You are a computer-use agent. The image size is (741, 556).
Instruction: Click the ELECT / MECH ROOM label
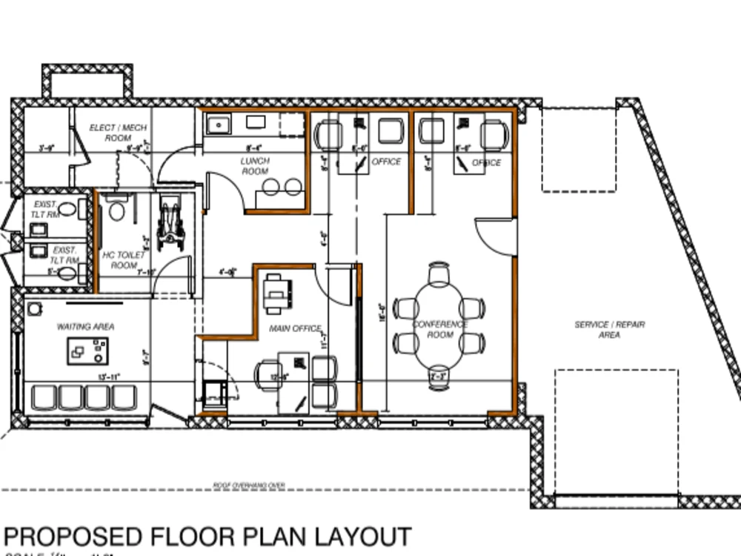tap(118, 133)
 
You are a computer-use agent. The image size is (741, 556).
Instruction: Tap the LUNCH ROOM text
tap(255, 166)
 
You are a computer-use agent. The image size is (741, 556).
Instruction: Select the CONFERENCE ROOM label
tap(440, 329)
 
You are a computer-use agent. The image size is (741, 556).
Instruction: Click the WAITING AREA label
tap(86, 326)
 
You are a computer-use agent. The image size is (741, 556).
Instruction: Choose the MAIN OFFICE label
tap(295, 328)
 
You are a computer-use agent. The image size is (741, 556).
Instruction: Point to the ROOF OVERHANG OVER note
tap(249, 486)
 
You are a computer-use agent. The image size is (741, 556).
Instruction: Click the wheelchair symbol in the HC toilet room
tap(171, 221)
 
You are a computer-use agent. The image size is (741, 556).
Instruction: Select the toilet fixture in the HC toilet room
tap(116, 210)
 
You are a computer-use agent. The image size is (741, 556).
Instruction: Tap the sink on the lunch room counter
tap(218, 125)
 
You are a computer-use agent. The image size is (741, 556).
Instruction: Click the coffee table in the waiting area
tap(87, 351)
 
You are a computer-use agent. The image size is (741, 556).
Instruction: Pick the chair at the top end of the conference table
tap(439, 273)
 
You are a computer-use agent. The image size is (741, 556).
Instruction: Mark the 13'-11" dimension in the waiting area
tap(110, 377)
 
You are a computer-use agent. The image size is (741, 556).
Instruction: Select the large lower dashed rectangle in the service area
tap(617, 430)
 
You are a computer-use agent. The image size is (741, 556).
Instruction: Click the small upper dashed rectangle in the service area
tap(579, 149)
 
